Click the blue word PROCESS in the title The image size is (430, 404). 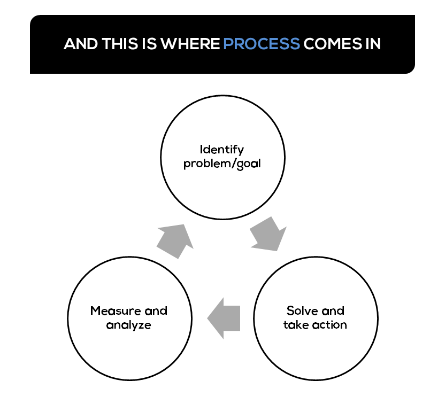coord(262,44)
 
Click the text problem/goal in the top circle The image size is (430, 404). coord(222,163)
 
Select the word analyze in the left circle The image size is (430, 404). coord(129,325)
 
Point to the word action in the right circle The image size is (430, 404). coord(330,325)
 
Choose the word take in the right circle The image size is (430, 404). coord(296,325)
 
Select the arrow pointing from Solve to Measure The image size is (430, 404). coord(224,317)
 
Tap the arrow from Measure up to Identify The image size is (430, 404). coord(175,240)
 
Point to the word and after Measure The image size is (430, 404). coord(156,310)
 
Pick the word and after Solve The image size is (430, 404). coord(333,310)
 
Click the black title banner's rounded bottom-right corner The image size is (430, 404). coord(411,69)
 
